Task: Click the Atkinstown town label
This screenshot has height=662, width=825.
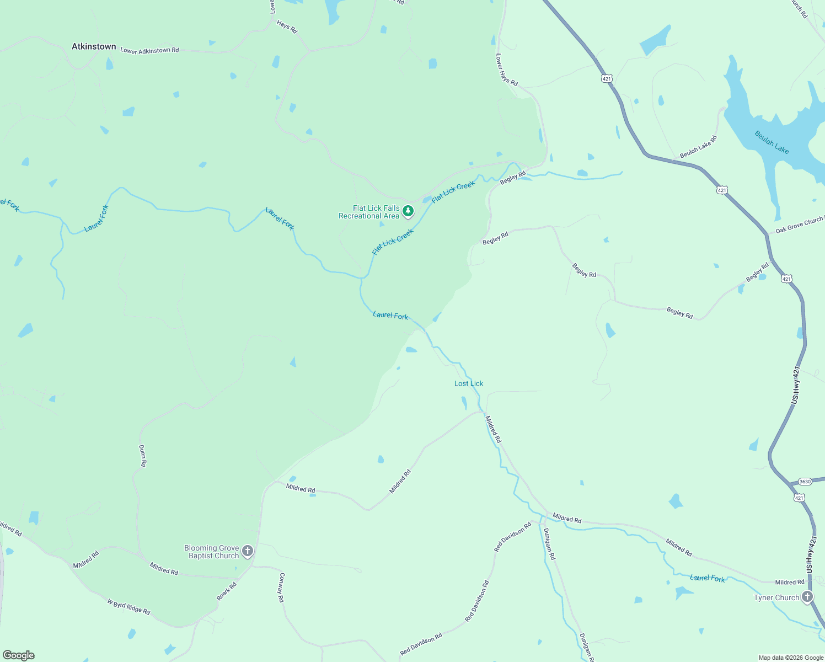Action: click(x=94, y=47)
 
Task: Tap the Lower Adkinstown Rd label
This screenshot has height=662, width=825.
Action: click(x=149, y=51)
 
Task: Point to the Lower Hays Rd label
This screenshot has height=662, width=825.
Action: click(x=506, y=70)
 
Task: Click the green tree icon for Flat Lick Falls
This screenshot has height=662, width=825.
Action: click(x=408, y=211)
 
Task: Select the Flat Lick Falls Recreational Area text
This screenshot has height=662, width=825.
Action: click(x=369, y=212)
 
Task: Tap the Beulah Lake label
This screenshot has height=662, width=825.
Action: click(x=772, y=142)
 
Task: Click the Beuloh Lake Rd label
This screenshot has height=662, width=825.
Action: click(x=698, y=147)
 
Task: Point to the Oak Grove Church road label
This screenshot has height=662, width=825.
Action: click(x=799, y=225)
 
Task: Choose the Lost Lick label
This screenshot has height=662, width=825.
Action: click(x=469, y=383)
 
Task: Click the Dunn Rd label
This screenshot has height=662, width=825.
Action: click(x=142, y=456)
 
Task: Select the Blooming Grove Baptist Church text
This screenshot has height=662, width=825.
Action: click(x=212, y=552)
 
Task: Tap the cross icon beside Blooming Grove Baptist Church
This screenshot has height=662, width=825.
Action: click(x=248, y=551)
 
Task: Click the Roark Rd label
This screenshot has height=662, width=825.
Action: click(x=226, y=591)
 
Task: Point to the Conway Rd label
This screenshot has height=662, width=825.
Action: click(x=281, y=588)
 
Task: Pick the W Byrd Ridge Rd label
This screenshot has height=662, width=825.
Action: click(x=128, y=607)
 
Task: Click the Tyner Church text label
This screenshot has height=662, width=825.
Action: click(x=776, y=597)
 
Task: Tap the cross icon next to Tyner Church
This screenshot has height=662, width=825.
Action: click(x=807, y=596)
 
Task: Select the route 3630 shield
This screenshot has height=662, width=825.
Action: click(x=805, y=482)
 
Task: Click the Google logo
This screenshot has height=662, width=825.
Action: click(x=18, y=655)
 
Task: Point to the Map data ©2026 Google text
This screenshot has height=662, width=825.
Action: click(x=791, y=658)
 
